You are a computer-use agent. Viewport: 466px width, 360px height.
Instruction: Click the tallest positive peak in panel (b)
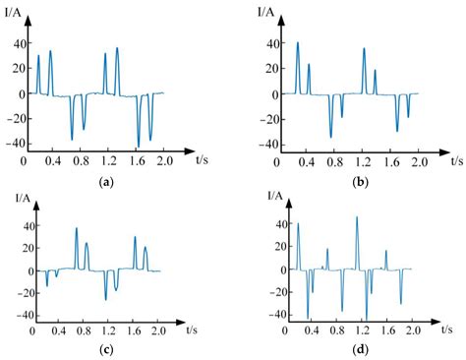click(298, 43)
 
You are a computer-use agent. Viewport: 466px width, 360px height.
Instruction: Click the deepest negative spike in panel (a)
click(139, 145)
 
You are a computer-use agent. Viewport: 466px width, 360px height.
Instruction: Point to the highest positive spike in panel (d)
click(357, 217)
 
